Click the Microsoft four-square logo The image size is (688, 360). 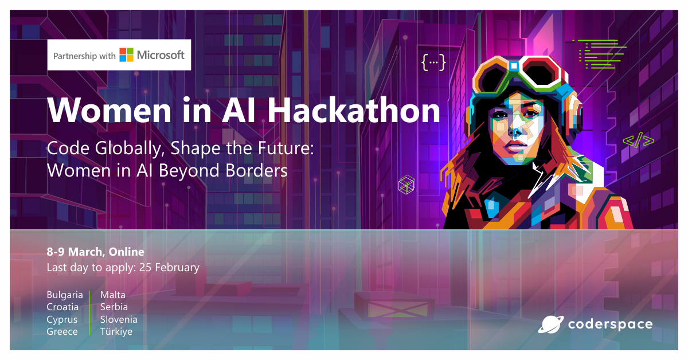click(126, 55)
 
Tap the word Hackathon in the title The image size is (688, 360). click(354, 110)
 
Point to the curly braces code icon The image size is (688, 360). click(433, 62)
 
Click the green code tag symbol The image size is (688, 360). click(638, 140)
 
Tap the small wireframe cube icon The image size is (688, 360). click(406, 184)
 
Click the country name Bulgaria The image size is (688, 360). click(65, 295)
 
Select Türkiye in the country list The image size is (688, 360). click(116, 332)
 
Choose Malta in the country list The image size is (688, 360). click(113, 295)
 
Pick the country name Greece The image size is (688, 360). click(62, 332)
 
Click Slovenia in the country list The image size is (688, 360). click(119, 319)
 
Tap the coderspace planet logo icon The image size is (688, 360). click(550, 324)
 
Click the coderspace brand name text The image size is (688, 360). click(610, 324)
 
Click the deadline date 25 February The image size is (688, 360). click(169, 268)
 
